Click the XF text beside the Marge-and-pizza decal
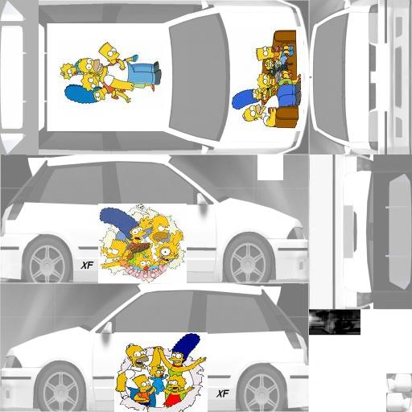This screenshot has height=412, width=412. [87, 266]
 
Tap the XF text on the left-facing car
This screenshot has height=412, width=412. [223, 393]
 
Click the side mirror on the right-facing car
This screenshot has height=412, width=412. [201, 199]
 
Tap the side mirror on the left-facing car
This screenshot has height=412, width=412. [107, 328]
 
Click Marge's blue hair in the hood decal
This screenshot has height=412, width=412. [243, 99]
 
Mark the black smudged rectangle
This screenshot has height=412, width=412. [335, 322]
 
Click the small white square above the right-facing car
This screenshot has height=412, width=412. [270, 167]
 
